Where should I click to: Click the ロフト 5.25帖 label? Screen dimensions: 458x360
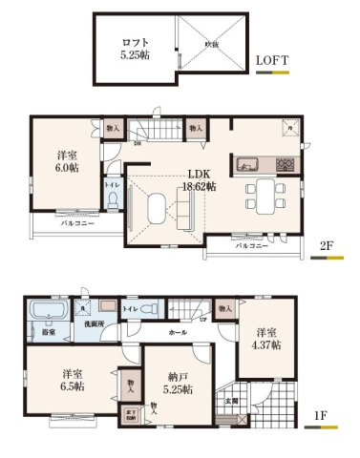click(x=135, y=48)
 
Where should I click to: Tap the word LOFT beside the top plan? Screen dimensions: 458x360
click(x=276, y=60)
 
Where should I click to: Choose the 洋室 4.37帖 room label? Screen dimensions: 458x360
click(x=267, y=339)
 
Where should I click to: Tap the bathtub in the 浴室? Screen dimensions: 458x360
click(x=44, y=312)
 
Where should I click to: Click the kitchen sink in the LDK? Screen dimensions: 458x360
click(x=247, y=161)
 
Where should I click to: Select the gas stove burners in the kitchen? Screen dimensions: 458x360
click(x=286, y=163)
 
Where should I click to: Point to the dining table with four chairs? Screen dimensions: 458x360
click(x=264, y=192)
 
